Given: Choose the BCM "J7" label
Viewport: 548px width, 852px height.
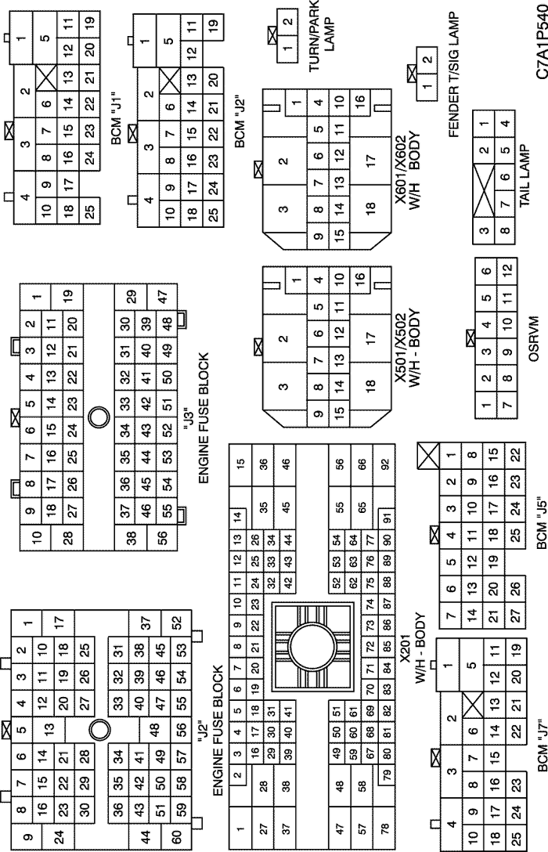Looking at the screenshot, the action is [541, 745].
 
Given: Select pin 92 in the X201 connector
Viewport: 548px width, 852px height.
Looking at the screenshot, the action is [385, 464].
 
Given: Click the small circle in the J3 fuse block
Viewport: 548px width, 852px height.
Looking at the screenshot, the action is [99, 417].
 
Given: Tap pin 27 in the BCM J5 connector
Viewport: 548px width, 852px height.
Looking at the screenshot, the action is [515, 616].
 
